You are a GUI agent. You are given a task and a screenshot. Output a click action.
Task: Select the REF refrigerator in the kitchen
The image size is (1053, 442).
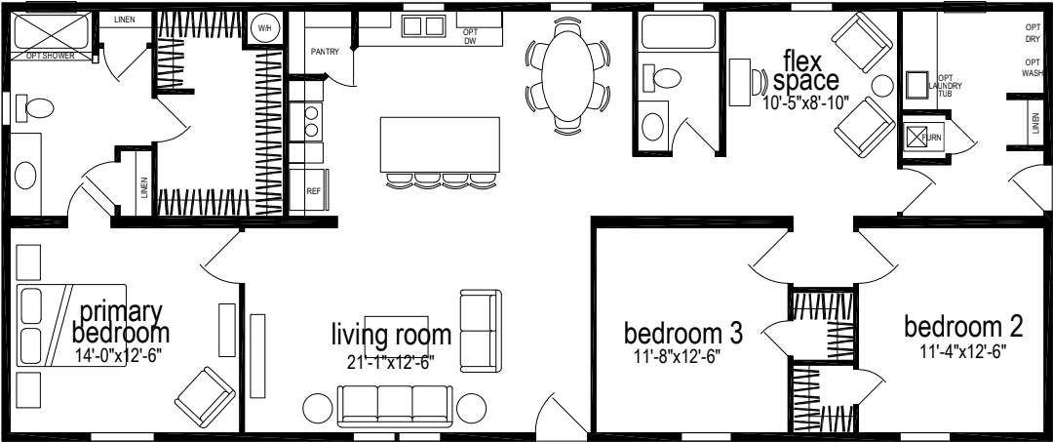coord(313,190)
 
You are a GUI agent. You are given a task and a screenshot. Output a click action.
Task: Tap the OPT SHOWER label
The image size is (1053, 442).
coord(49,56)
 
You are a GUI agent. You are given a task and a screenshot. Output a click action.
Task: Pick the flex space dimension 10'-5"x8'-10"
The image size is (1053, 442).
coord(807,100)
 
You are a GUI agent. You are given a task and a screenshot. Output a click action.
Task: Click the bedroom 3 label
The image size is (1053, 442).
coord(683,333)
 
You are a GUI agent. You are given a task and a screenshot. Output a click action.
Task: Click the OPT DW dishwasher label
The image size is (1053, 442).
coord(469,36)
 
